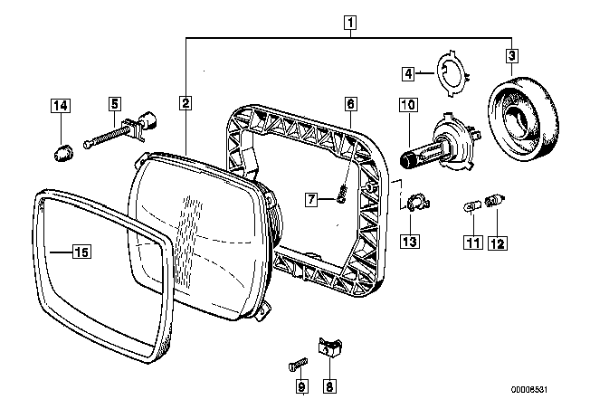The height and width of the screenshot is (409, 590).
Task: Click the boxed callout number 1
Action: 350,23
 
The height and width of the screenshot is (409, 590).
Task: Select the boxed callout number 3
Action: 511,56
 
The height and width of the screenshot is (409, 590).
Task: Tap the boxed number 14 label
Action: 61,105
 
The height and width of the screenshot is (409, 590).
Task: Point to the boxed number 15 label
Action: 81,252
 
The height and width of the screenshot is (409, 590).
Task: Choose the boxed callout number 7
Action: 311,199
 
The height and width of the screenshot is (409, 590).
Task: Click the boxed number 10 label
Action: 409,105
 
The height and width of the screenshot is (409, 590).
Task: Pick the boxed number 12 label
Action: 498,243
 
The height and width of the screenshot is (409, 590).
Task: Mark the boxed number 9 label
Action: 301,386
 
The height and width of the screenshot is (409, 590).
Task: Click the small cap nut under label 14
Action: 62,154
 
